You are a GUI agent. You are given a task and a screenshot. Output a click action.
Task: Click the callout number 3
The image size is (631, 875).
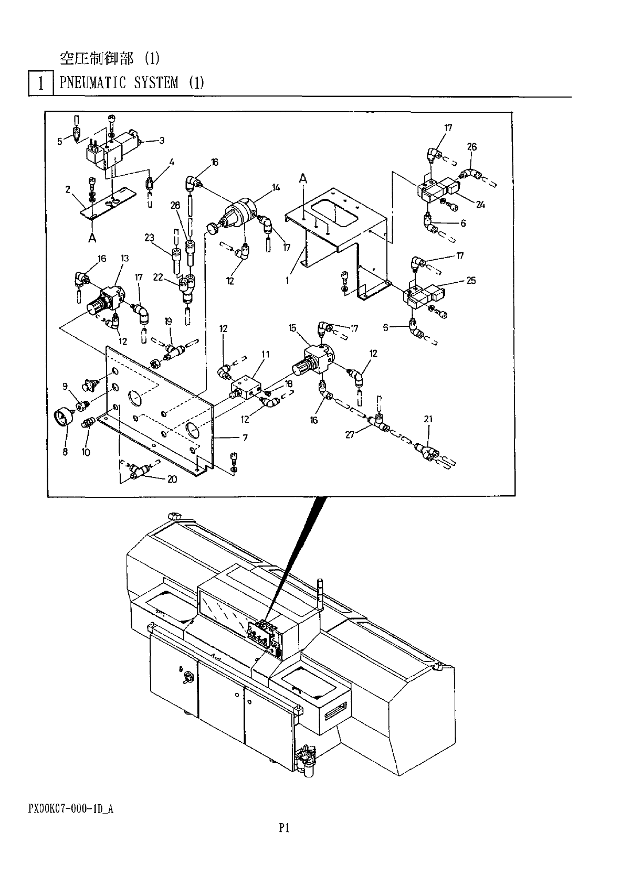tap(162, 141)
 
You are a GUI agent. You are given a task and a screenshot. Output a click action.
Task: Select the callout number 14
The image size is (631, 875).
tap(276, 187)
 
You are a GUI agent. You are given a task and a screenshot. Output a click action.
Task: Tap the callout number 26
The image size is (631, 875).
tap(471, 147)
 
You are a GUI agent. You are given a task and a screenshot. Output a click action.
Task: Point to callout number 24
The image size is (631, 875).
tap(480, 205)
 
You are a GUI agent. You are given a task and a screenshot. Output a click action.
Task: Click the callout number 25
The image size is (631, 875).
tap(471, 280)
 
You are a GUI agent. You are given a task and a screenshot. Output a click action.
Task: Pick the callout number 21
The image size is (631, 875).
tap(428, 419)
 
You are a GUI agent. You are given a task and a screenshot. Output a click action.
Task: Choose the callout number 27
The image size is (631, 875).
tap(350, 434)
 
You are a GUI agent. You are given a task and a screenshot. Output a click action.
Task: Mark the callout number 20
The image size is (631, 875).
tap(172, 478)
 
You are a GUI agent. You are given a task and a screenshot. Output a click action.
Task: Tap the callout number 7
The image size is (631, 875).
tap(245, 437)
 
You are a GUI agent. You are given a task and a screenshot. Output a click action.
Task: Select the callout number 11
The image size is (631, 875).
tap(266, 354)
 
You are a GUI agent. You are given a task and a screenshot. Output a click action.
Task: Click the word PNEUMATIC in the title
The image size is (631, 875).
tap(92, 83)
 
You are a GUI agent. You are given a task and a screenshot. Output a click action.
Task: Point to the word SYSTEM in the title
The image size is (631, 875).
tap(156, 83)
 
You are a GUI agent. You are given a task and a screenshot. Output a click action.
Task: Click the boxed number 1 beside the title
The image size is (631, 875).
tap(40, 84)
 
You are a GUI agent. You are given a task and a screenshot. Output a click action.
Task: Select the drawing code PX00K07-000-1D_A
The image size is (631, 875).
tap(71, 809)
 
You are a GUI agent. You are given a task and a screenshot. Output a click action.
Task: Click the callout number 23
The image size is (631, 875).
tap(150, 238)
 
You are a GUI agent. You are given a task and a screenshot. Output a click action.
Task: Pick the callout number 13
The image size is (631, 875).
tap(124, 258)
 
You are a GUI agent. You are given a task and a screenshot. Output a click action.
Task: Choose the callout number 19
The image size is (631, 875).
tap(168, 321)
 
